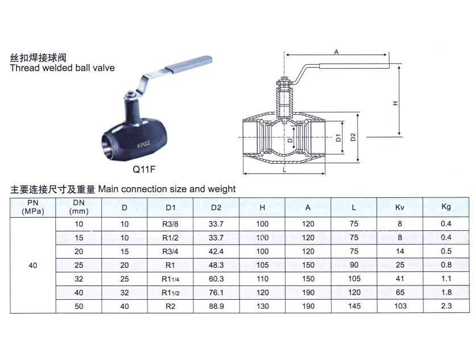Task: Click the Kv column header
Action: pyautogui.click(x=399, y=208)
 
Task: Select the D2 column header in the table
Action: pyautogui.click(x=216, y=208)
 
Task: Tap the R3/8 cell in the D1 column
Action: pyautogui.click(x=170, y=224)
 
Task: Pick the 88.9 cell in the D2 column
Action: pyautogui.click(x=216, y=307)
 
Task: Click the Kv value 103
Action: pyautogui.click(x=400, y=306)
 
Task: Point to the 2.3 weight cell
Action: pyautogui.click(x=446, y=306)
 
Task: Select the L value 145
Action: pyautogui.click(x=354, y=306)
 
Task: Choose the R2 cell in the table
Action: pyautogui.click(x=170, y=307)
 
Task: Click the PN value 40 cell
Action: pyautogui.click(x=33, y=266)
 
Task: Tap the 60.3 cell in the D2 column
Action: pyautogui.click(x=216, y=279)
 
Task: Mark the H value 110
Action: pyautogui.click(x=262, y=279)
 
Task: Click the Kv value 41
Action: pyautogui.click(x=400, y=279)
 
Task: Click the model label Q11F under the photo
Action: pyautogui.click(x=144, y=169)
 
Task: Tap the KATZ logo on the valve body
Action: pyautogui.click(x=143, y=144)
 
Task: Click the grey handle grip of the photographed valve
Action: pyautogui.click(x=188, y=64)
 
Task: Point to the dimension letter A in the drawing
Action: pyautogui.click(x=336, y=52)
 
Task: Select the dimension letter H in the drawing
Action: pyautogui.click(x=395, y=104)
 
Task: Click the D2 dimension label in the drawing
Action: pyautogui.click(x=353, y=137)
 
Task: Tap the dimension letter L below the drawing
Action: pyautogui.click(x=284, y=170)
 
